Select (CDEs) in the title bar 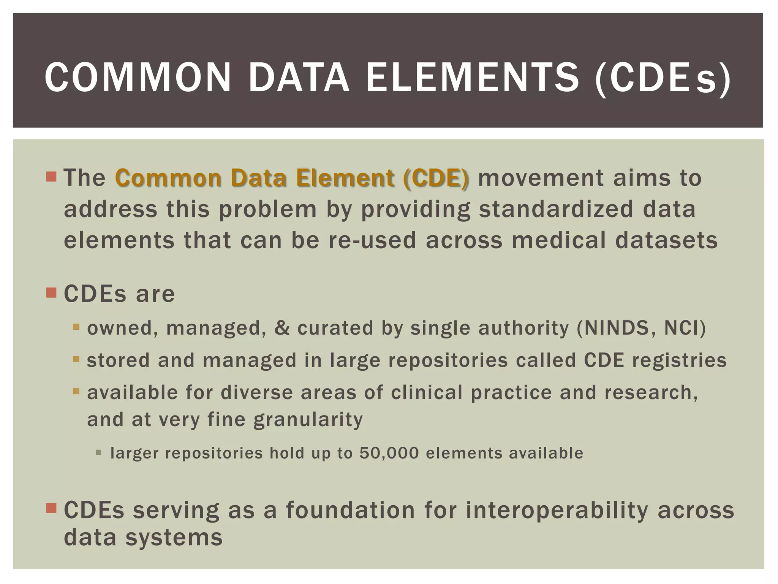(662, 78)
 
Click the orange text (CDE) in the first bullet (436, 178)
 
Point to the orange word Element (340, 178)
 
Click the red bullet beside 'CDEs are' (51, 293)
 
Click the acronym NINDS (619, 328)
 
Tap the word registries (679, 360)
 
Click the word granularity (308, 419)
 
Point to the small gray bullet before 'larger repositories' (99, 452)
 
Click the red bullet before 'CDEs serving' (51, 508)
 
